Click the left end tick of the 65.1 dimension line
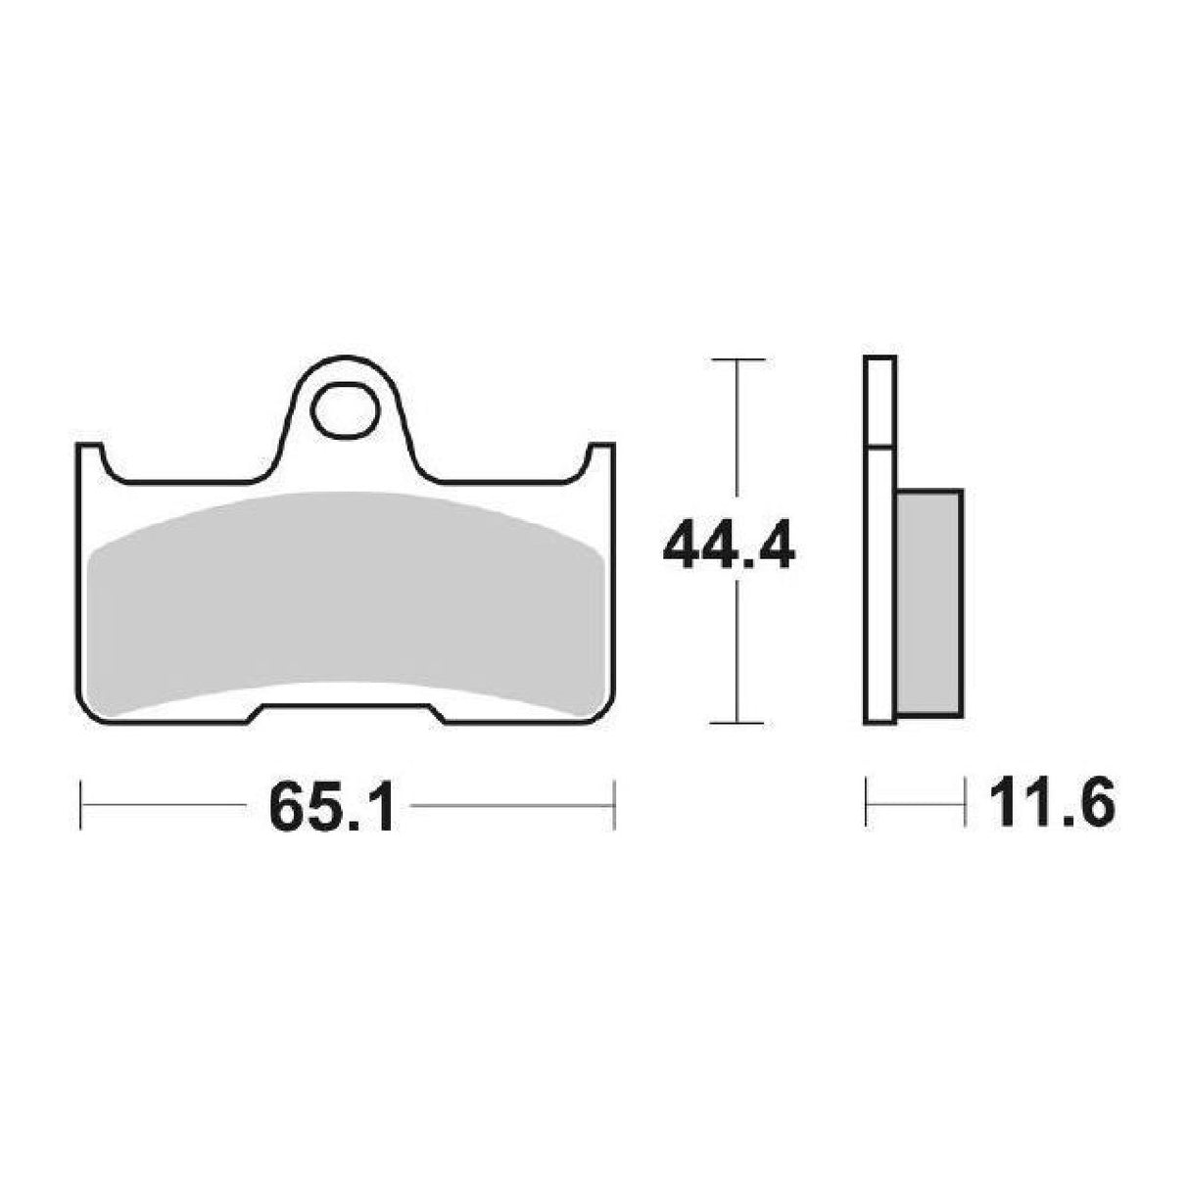[x=80, y=806]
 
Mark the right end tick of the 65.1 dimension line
[x=613, y=806]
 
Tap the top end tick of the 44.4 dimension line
[x=737, y=361]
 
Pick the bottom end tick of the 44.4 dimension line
[x=737, y=723]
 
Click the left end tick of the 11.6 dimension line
[x=867, y=806]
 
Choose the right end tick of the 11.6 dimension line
[x=964, y=806]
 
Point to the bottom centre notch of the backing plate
[x=344, y=713]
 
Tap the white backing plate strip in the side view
[x=880, y=588]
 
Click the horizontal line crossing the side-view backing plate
[x=880, y=449]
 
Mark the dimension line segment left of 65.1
[x=162, y=806]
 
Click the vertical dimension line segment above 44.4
[x=737, y=431]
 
